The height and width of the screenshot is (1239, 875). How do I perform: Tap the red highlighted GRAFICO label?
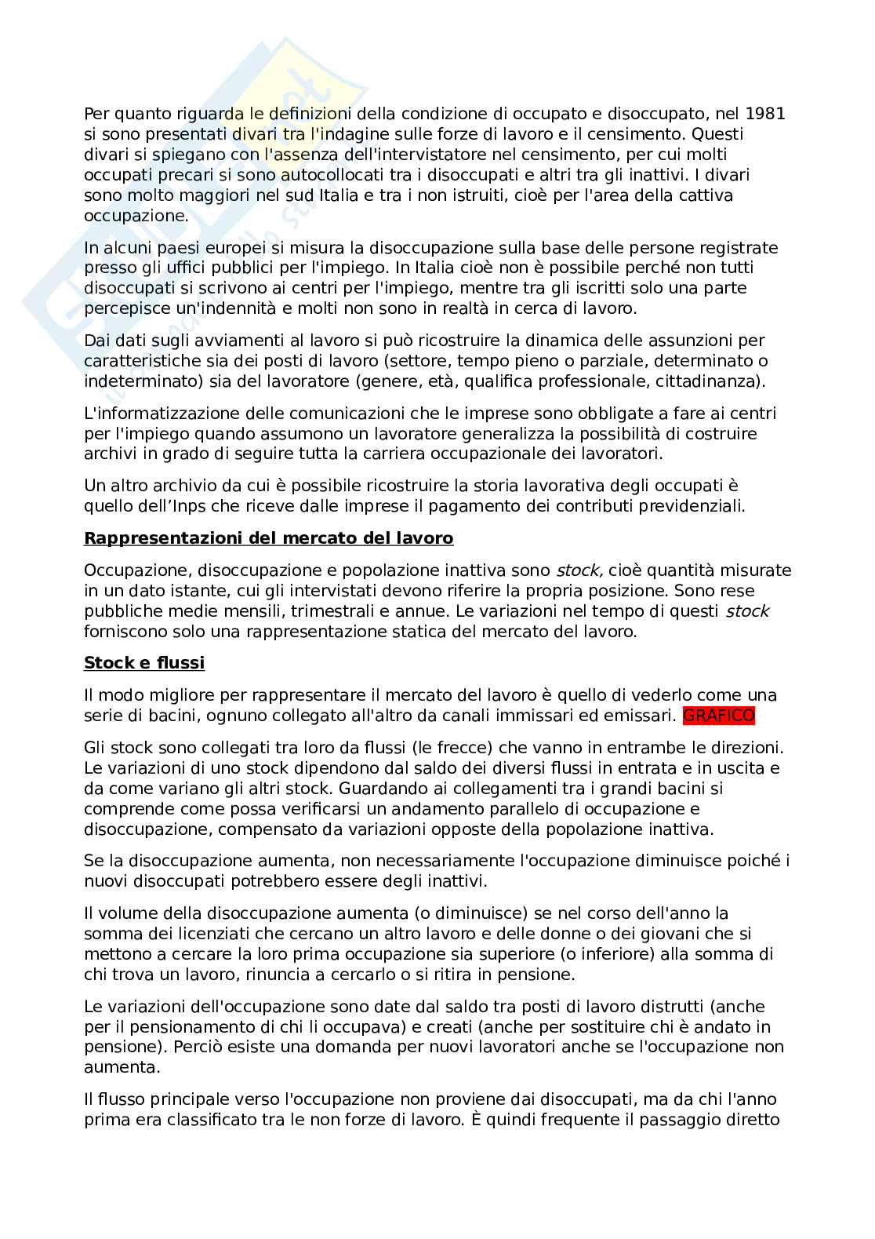[x=719, y=715]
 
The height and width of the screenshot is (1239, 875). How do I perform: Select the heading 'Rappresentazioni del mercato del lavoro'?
[x=268, y=538]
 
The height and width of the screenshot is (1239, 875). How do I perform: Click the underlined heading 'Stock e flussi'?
[x=144, y=662]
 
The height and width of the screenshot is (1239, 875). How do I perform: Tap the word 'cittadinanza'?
[x=711, y=381]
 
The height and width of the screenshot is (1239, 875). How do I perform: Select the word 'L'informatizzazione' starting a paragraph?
[x=156, y=413]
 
